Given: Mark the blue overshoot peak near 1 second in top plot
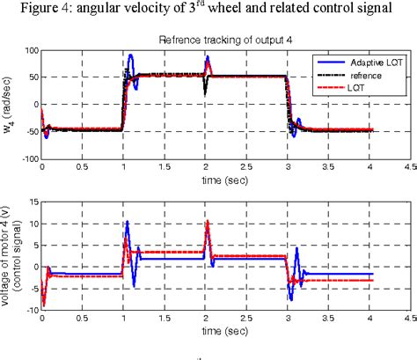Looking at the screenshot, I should [131, 56].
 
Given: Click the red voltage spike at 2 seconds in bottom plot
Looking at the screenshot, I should [208, 222].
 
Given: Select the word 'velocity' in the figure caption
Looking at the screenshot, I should [138, 11].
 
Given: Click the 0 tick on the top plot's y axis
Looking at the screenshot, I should [34, 106].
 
